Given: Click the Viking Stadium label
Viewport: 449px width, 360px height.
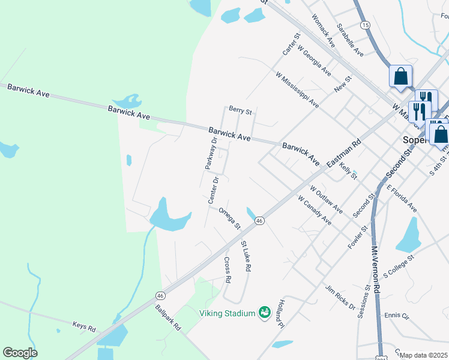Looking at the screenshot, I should click(x=228, y=312).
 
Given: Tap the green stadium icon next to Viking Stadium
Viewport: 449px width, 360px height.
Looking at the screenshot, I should click(x=264, y=312).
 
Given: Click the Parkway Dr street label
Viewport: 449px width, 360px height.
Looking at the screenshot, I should click(x=211, y=154).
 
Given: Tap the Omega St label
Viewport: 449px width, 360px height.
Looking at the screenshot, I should click(x=229, y=218).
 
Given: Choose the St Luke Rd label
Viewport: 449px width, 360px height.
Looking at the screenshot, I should click(x=245, y=257).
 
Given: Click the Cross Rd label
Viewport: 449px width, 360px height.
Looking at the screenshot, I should click(x=228, y=270).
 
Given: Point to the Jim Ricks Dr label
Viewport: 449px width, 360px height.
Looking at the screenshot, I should click(x=340, y=296).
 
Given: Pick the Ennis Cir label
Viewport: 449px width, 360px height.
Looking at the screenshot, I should click(x=396, y=315).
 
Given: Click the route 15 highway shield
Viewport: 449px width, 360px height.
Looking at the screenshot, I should click(x=365, y=25).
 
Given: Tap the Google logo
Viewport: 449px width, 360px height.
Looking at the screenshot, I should click(x=20, y=353).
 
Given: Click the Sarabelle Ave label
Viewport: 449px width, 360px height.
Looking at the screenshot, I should click(x=350, y=40).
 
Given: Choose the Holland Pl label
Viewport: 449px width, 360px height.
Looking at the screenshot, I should click(x=280, y=315).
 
